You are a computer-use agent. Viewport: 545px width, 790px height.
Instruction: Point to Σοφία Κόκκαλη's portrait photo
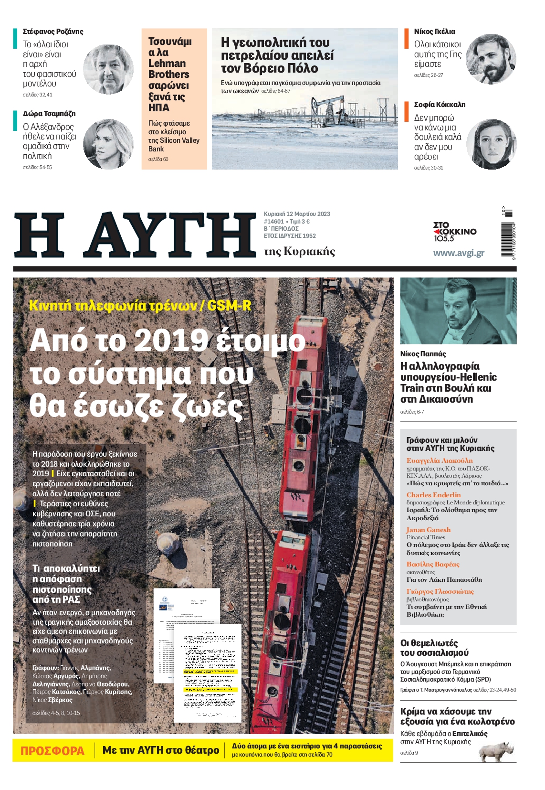tap(491, 144)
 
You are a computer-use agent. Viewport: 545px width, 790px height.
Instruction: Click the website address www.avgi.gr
tap(458, 253)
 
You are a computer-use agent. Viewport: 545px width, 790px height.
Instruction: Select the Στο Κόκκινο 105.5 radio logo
tap(454, 232)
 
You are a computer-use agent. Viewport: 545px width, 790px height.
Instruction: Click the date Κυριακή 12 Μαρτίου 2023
tap(297, 214)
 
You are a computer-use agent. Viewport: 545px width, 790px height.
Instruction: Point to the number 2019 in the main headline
tap(172, 340)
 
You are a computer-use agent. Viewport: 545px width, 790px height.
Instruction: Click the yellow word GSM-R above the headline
tap(229, 306)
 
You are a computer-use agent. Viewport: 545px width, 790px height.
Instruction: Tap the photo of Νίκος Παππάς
tap(458, 311)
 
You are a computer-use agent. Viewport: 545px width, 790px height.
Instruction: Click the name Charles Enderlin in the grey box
tap(433, 495)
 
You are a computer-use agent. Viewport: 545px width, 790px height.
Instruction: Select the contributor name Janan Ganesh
tap(428, 530)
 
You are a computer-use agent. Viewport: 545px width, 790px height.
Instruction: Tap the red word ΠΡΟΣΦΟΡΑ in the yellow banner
tap(52, 751)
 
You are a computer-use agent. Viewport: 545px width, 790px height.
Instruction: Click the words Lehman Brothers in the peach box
tap(168, 69)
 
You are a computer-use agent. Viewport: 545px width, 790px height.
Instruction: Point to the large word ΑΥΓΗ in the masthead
tap(169, 235)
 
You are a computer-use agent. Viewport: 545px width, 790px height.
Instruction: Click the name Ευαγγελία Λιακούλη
tap(440, 460)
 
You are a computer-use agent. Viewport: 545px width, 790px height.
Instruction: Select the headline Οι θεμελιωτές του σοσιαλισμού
tap(434, 648)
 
